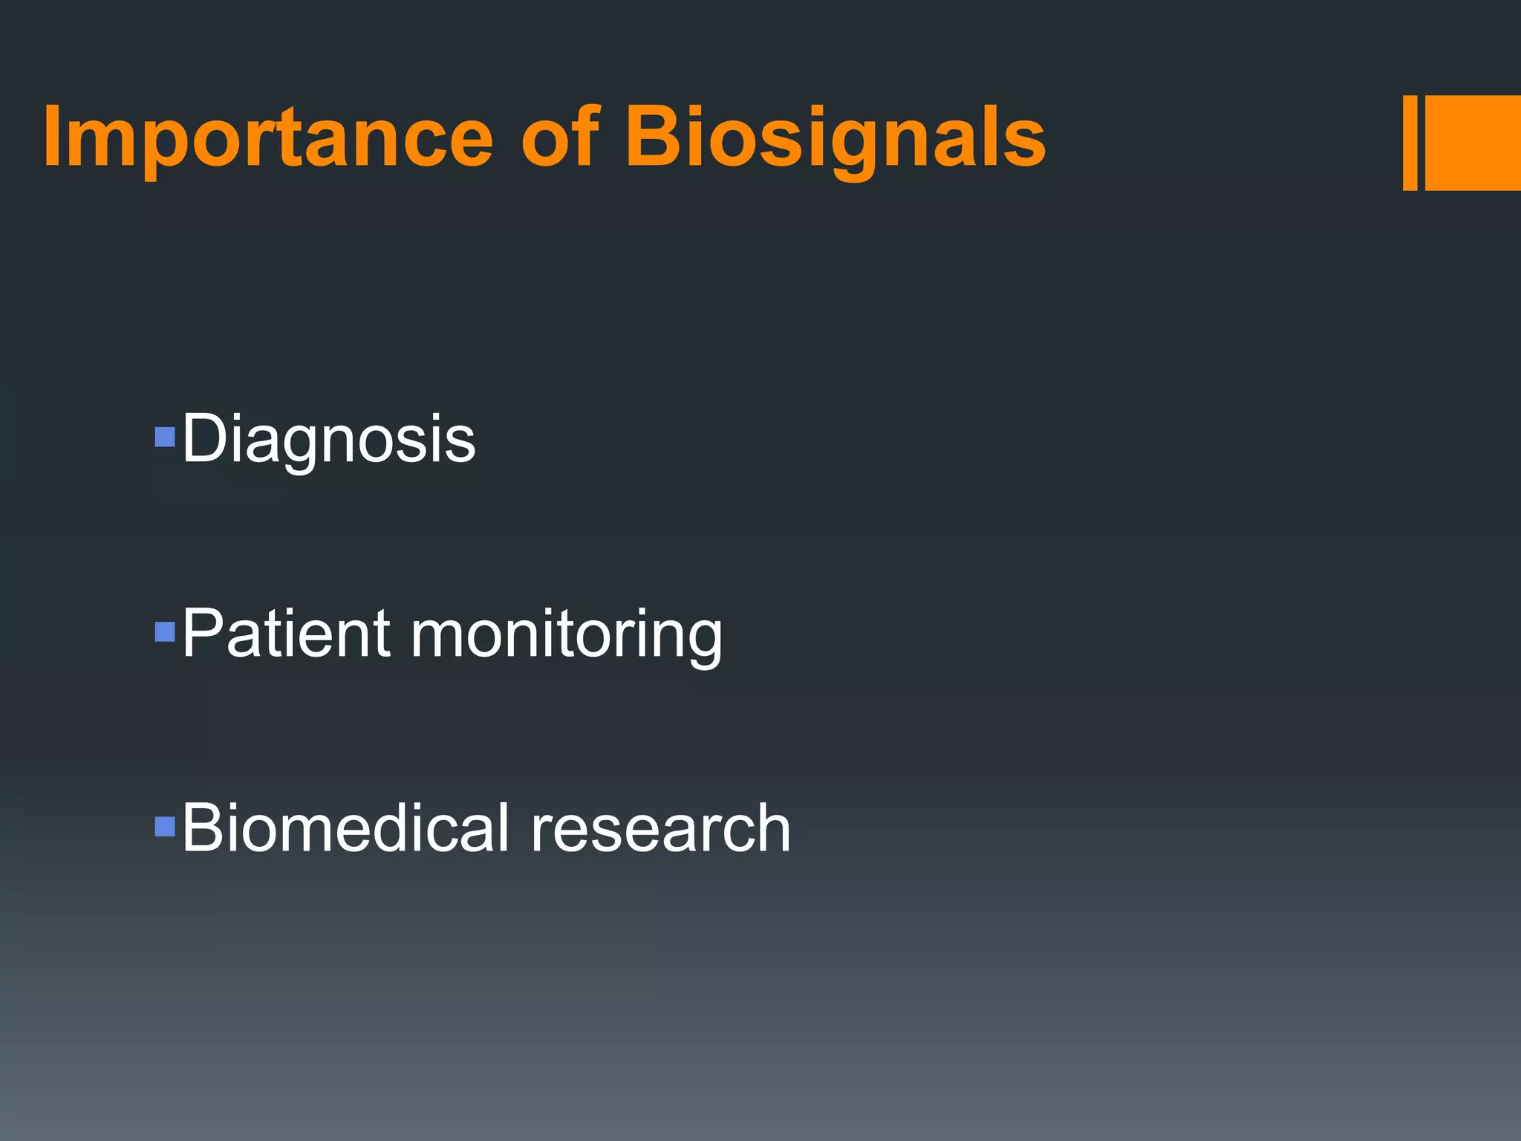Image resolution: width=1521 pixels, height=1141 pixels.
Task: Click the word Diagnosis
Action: click(x=328, y=440)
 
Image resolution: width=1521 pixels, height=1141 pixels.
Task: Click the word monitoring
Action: click(x=566, y=636)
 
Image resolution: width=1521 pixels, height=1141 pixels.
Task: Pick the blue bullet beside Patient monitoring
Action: click(x=164, y=631)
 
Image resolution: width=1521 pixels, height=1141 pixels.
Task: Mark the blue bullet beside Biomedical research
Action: click(x=164, y=826)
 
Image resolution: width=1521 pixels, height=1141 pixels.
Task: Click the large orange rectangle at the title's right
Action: click(x=1472, y=143)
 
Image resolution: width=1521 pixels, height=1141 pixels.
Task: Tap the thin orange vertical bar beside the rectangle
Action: click(x=1410, y=143)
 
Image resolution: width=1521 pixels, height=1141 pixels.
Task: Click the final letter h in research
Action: click(x=770, y=828)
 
